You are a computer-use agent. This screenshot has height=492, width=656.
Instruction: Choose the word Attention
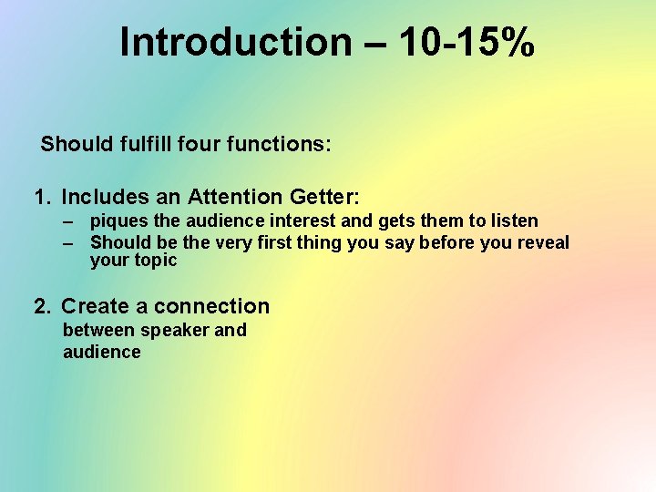click(x=235, y=197)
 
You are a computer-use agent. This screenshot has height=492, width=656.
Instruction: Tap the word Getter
click(x=324, y=197)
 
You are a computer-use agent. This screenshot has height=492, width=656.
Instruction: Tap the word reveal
click(x=543, y=242)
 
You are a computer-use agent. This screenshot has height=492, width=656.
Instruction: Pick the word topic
click(x=156, y=261)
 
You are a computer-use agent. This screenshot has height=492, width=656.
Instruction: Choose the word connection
click(x=212, y=306)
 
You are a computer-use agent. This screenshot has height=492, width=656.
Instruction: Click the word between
click(x=98, y=330)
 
